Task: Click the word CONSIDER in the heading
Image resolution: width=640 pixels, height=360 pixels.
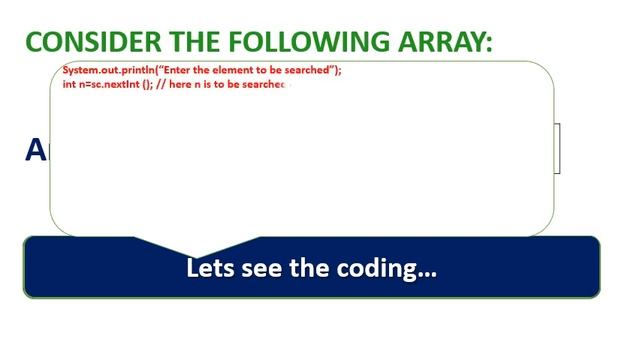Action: coord(87,42)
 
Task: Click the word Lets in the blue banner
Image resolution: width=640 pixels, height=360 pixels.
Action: coord(209,269)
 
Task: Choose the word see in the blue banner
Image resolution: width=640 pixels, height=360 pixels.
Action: coord(261,269)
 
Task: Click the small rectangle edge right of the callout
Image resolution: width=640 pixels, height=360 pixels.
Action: coord(558,148)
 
